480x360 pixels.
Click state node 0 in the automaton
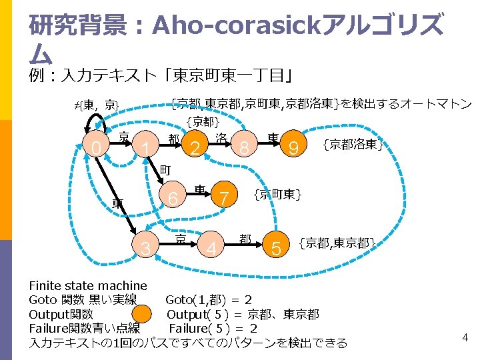click(99, 147)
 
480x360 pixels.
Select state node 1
click(145, 147)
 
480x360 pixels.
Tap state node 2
click(195, 147)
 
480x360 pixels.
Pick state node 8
click(245, 147)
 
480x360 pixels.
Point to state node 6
click(173, 199)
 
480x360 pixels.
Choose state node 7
click(224, 199)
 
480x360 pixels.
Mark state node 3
click(146, 249)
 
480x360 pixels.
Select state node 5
click(276, 249)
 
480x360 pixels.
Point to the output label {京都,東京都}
click(337, 243)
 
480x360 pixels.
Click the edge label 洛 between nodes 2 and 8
click(221, 138)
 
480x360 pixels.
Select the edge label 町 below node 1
click(167, 171)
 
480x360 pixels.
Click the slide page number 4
click(465, 338)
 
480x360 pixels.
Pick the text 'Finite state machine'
click(88, 286)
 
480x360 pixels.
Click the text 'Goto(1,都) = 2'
click(208, 299)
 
